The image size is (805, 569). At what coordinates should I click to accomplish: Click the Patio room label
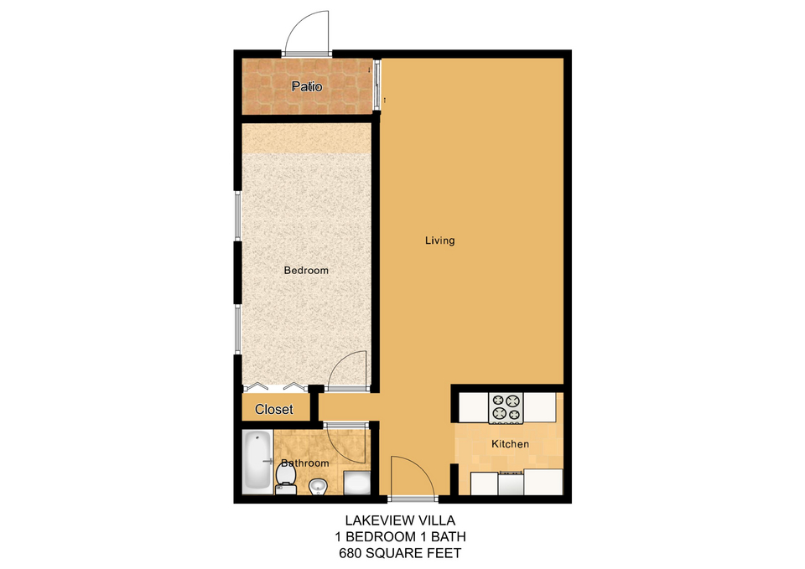point(307,86)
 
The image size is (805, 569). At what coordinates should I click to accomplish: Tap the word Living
point(440,241)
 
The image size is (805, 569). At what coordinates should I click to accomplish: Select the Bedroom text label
point(306,270)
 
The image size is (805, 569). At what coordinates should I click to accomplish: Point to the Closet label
point(273,410)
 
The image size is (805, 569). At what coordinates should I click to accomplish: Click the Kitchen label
point(511,444)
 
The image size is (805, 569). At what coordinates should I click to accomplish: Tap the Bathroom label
point(305,463)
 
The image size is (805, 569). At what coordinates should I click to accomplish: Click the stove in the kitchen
point(506,408)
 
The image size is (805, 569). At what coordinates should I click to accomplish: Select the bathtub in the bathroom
point(257,461)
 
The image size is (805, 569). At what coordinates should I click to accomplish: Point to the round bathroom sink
point(318,486)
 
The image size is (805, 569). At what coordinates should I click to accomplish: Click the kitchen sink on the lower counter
point(511,483)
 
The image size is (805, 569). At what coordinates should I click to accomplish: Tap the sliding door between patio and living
point(377,85)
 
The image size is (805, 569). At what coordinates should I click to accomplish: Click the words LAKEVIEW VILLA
point(400,520)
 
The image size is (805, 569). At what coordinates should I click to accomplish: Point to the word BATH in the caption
point(448,536)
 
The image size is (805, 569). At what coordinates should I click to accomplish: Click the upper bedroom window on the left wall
point(237,215)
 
